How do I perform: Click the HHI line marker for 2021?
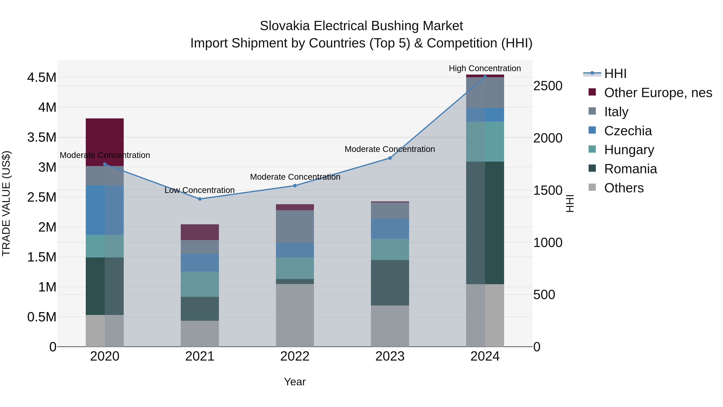200,199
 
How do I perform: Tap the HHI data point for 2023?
390,158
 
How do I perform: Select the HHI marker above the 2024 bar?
485,77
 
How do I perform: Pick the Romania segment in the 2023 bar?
390,283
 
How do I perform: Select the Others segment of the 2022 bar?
295,315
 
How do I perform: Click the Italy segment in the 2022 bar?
295,226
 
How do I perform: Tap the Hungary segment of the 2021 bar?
200,284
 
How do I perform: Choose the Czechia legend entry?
628,131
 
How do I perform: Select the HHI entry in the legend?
615,74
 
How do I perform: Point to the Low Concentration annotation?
200,190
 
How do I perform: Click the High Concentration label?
485,68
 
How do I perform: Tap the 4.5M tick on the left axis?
42,78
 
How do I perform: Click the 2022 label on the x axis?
295,356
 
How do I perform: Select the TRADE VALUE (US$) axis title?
6,203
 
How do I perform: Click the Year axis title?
295,382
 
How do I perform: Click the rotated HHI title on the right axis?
570,203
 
